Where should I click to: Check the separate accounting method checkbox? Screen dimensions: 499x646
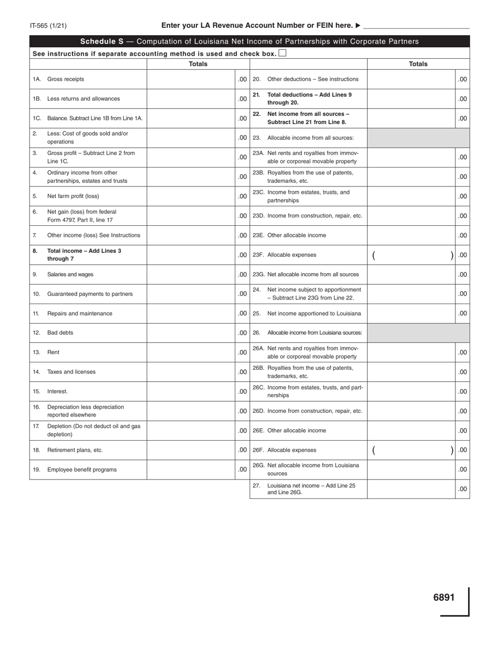point(283,53)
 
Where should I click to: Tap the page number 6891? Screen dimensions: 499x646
point(444,597)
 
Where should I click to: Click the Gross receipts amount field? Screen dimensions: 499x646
point(191,79)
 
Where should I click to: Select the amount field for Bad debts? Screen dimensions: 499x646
point(191,332)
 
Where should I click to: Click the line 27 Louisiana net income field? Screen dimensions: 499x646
point(411,489)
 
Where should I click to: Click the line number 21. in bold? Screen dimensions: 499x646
point(257,95)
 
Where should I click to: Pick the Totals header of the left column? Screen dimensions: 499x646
point(198,64)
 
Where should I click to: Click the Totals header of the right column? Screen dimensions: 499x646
point(418,64)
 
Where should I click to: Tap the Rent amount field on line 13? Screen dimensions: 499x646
point(191,352)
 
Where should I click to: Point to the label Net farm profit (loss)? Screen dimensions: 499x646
point(73,196)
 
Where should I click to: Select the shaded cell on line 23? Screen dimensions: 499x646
point(418,138)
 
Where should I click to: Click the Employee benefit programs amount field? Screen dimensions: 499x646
point(191,470)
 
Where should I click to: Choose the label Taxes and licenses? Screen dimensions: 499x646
point(71,372)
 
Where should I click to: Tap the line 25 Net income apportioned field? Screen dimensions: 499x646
point(411,314)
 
